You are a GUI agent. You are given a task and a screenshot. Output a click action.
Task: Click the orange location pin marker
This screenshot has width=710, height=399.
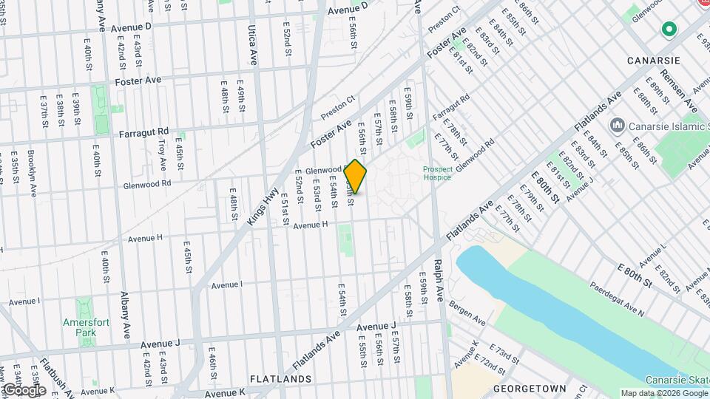coord(356,177)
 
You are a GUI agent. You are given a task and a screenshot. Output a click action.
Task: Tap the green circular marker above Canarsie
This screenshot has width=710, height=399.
coord(669,30)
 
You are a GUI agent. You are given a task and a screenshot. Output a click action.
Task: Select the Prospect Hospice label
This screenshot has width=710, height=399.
coord(437,173)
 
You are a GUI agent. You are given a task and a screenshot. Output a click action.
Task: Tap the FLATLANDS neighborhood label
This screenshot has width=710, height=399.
coord(280,379)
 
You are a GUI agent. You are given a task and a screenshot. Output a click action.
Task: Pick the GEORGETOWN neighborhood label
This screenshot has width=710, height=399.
coord(529,389)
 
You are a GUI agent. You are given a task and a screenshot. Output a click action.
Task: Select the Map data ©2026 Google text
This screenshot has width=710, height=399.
coord(663,393)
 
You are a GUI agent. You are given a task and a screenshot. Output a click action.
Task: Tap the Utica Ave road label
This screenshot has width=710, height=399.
coord(253,46)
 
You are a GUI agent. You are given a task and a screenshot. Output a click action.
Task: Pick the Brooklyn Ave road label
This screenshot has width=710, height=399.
coord(32,173)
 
